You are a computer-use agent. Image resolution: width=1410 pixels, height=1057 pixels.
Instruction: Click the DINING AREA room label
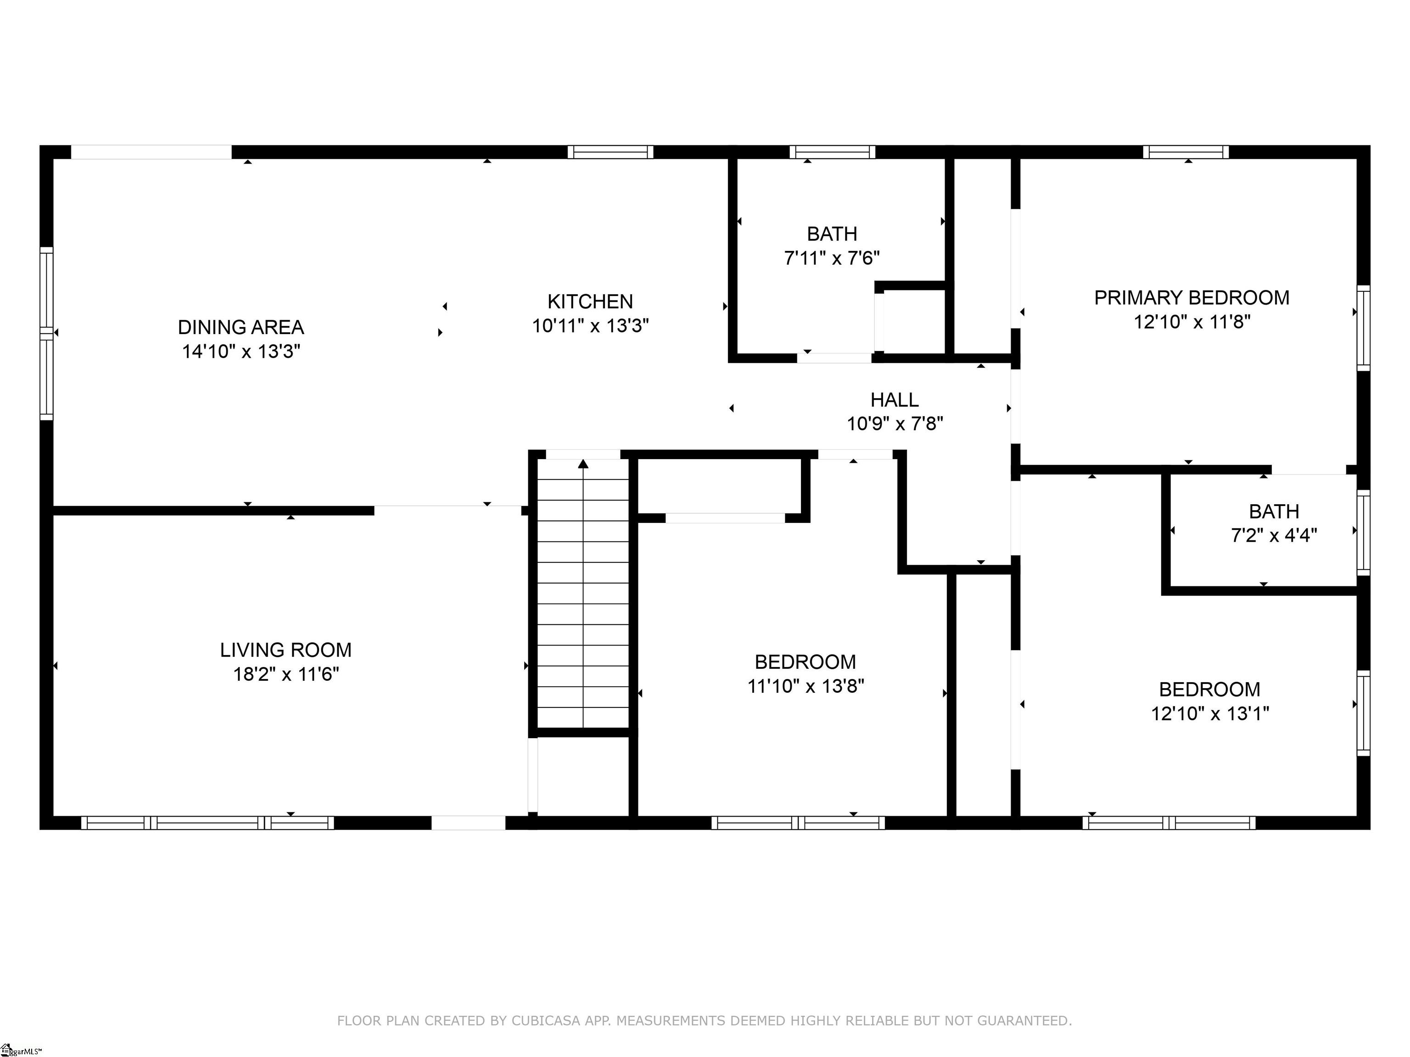point(241,328)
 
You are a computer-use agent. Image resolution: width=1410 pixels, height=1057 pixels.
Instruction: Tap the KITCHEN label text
point(590,301)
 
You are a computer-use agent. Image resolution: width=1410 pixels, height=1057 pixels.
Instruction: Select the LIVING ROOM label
point(285,650)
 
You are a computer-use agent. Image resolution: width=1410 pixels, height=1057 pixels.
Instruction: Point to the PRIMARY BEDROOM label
point(1192,298)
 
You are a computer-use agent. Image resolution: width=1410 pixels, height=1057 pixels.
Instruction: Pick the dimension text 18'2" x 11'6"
point(285,674)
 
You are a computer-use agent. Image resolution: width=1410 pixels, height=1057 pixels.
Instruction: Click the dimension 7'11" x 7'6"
point(832,258)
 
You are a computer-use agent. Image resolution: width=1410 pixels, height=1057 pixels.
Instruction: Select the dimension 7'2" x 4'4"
point(1274,535)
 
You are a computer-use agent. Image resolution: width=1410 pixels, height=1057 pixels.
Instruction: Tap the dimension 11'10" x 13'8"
point(806,686)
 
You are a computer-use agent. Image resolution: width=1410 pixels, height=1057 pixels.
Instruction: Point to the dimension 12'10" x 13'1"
point(1210,713)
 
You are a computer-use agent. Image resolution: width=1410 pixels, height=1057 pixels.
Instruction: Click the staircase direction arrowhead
point(583,463)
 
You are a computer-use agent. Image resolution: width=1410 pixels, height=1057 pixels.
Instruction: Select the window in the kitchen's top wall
point(610,152)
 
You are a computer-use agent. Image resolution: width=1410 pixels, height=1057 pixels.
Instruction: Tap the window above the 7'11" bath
point(832,152)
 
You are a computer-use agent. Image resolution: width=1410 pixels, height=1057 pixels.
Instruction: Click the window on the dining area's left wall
point(46,333)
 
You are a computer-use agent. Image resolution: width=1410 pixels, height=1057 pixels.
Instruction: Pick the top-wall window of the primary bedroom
point(1186,152)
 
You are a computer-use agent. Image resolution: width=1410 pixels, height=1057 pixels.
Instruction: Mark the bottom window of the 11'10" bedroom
point(798,823)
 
